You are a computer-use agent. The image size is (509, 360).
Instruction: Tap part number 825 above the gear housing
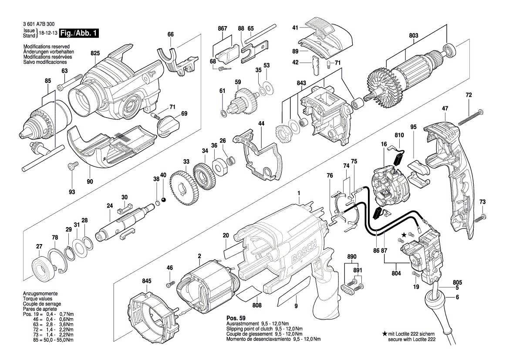pyautogui.click(x=95, y=53)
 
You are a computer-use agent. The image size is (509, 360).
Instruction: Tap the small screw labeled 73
pyautogui.click(x=480, y=217)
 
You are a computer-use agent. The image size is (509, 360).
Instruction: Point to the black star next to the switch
pyautogui.click(x=404, y=235)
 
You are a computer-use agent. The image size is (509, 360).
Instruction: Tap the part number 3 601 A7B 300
pyautogui.click(x=39, y=26)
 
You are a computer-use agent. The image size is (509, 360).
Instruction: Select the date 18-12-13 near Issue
pyautogui.click(x=48, y=33)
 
